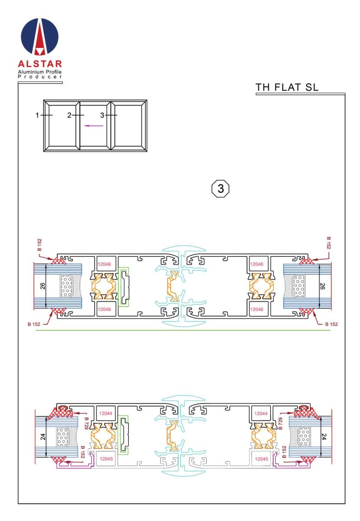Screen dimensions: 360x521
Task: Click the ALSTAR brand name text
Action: tap(40, 64)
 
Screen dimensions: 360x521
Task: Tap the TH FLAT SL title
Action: tap(287, 87)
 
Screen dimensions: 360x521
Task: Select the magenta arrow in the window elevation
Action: tap(93, 126)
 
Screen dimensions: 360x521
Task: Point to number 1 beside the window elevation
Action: tap(37, 115)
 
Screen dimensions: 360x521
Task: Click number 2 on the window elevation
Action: tap(69, 115)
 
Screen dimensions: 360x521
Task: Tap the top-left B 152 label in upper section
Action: tap(40, 245)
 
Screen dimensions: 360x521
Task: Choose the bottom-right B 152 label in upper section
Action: tap(331, 324)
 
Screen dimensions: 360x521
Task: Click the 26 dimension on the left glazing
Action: tap(43, 286)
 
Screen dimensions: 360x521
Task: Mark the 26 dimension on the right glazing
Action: tap(322, 286)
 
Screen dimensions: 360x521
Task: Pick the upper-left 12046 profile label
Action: tap(104, 264)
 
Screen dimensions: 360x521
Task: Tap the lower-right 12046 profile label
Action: tap(257, 309)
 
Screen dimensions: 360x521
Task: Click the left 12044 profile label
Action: tap(106, 413)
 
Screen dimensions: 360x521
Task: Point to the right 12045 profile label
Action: tap(261, 459)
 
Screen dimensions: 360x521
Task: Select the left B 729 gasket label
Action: tap(86, 423)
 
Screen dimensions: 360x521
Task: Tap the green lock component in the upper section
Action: tap(124, 287)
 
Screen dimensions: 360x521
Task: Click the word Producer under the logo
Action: tap(40, 77)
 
